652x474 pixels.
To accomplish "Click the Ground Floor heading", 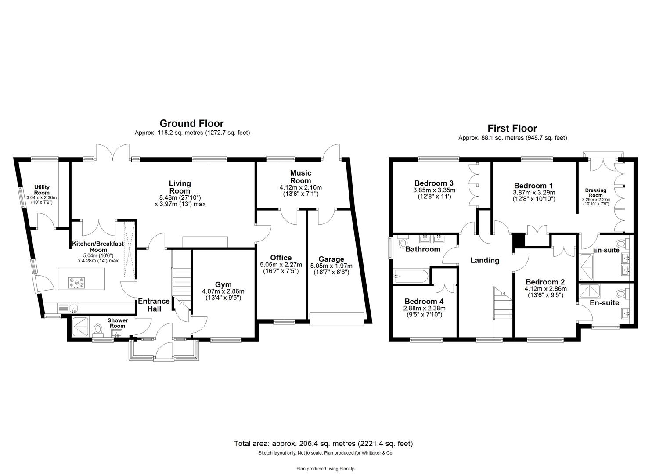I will [191, 123].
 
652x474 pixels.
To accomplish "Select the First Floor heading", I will [512, 128].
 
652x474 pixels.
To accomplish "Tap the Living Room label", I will [180, 187].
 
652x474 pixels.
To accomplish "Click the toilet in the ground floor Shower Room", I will [97, 329].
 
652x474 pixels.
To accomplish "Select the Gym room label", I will [223, 284].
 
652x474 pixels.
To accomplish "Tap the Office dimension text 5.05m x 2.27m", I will [281, 265].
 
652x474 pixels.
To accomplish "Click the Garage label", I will [331, 259].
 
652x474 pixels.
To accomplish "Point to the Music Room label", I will [301, 177].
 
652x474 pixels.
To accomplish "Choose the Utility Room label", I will [42, 190].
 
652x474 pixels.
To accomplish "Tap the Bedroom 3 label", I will [434, 183].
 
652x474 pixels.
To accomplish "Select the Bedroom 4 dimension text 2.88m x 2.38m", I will [424, 308].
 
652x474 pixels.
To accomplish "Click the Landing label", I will [485, 260].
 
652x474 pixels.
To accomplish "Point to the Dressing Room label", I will [596, 193].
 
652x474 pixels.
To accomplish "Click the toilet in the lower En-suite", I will [620, 293].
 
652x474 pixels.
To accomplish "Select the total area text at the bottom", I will [323, 444].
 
